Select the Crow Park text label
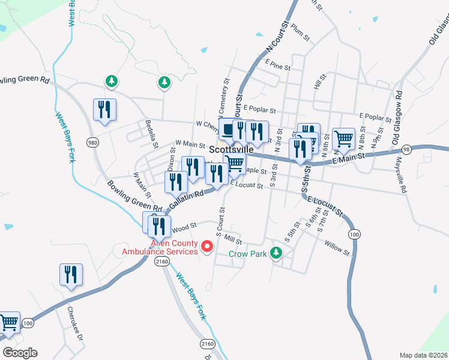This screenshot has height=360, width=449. [x=247, y=254]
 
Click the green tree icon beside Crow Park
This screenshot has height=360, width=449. [x=276, y=253]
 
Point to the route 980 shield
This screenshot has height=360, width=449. [x=92, y=142]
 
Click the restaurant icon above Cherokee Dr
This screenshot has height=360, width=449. [x=71, y=275]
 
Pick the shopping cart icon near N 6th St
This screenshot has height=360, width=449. [x=343, y=139]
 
